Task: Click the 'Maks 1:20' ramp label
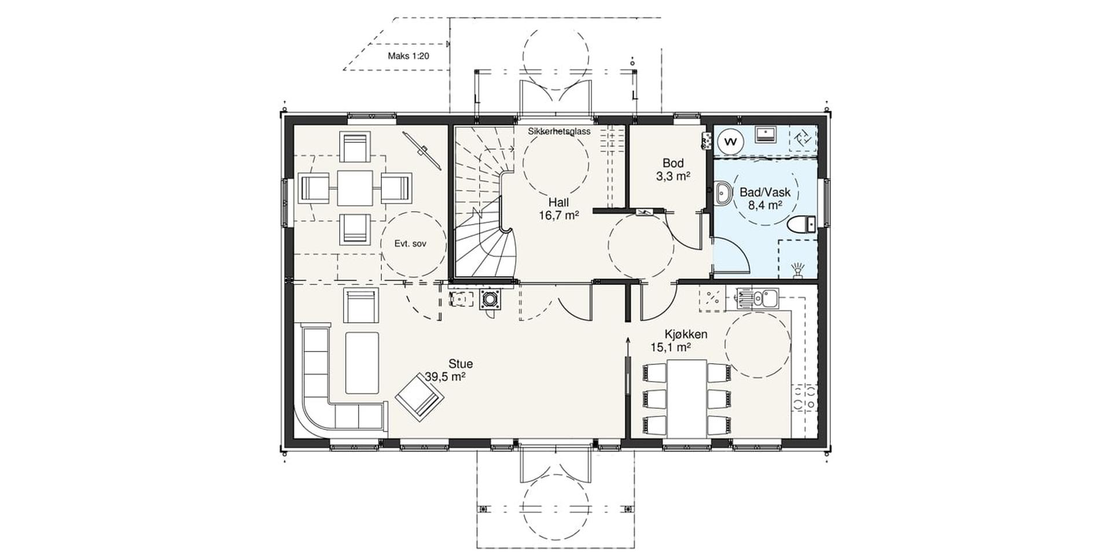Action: pos(409,57)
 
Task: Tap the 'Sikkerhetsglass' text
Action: pos(559,131)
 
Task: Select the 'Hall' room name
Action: pos(559,202)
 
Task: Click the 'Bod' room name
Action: pos(673,163)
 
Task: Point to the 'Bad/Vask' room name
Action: pos(765,193)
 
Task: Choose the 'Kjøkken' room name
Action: pos(686,335)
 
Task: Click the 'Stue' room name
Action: pos(461,364)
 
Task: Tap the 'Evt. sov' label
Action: pos(410,244)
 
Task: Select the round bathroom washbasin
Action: pos(722,193)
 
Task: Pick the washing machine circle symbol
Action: pos(731,141)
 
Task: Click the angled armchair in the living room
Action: pos(420,395)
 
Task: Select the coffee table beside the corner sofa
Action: pos(362,363)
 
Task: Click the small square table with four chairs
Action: pos(355,188)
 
